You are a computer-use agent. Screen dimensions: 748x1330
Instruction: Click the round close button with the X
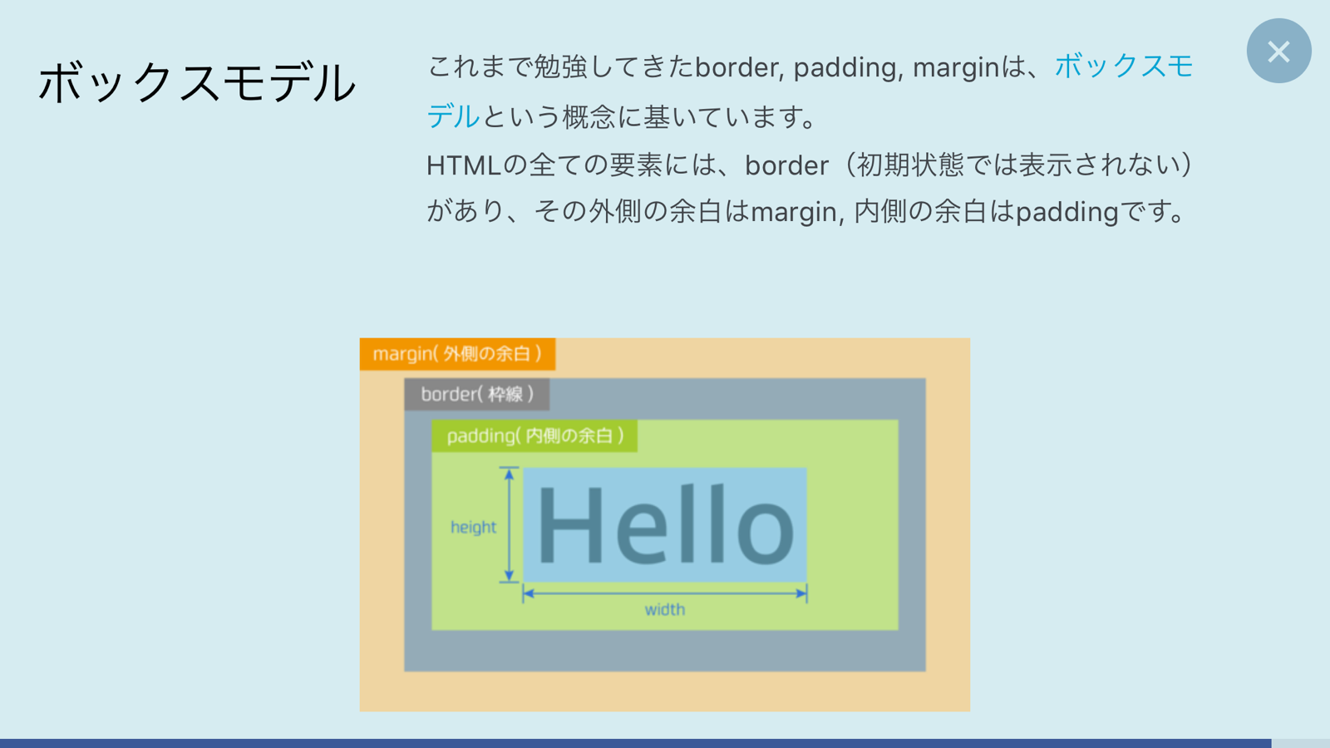[1278, 52]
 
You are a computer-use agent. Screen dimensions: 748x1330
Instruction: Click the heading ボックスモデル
[197, 83]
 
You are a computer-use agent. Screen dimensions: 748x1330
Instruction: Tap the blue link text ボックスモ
[1124, 66]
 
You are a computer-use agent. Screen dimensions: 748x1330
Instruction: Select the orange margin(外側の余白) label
[457, 354]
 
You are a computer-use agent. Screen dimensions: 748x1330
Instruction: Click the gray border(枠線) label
[476, 394]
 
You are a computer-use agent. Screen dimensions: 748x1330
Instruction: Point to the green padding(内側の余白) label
[534, 436]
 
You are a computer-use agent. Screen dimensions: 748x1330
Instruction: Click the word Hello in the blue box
[665, 525]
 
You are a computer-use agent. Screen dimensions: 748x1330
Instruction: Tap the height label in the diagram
[473, 527]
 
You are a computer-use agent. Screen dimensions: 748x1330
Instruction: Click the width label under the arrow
[665, 609]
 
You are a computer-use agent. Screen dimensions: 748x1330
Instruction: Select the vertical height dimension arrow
[509, 525]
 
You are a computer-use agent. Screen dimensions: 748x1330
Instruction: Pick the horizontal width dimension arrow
[665, 593]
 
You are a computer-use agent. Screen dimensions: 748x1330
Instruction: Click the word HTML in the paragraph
[463, 165]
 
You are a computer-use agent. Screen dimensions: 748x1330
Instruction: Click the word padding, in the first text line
[847, 67]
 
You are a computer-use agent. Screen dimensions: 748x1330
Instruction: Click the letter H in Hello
[571, 525]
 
